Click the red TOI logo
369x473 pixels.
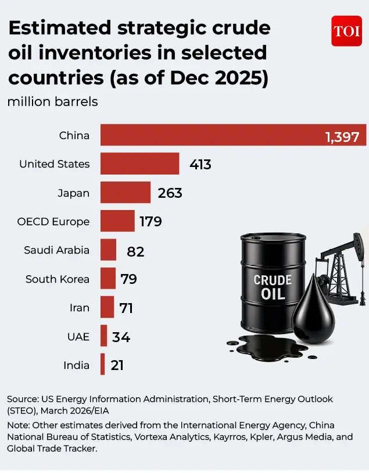(346, 31)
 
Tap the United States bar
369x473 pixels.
(139, 164)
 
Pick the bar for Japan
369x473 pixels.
(125, 193)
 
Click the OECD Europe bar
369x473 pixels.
(117, 221)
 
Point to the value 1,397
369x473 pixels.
(345, 137)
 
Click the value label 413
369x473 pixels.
(200, 165)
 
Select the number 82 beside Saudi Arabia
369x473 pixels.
(135, 251)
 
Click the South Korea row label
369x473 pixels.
(58, 279)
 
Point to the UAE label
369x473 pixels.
(78, 336)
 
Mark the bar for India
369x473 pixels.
(102, 364)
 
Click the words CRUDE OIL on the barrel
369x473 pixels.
(273, 286)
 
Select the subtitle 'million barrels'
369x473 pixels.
(52, 102)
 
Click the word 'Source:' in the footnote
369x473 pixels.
(22, 399)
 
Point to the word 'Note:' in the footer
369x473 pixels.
(19, 425)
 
